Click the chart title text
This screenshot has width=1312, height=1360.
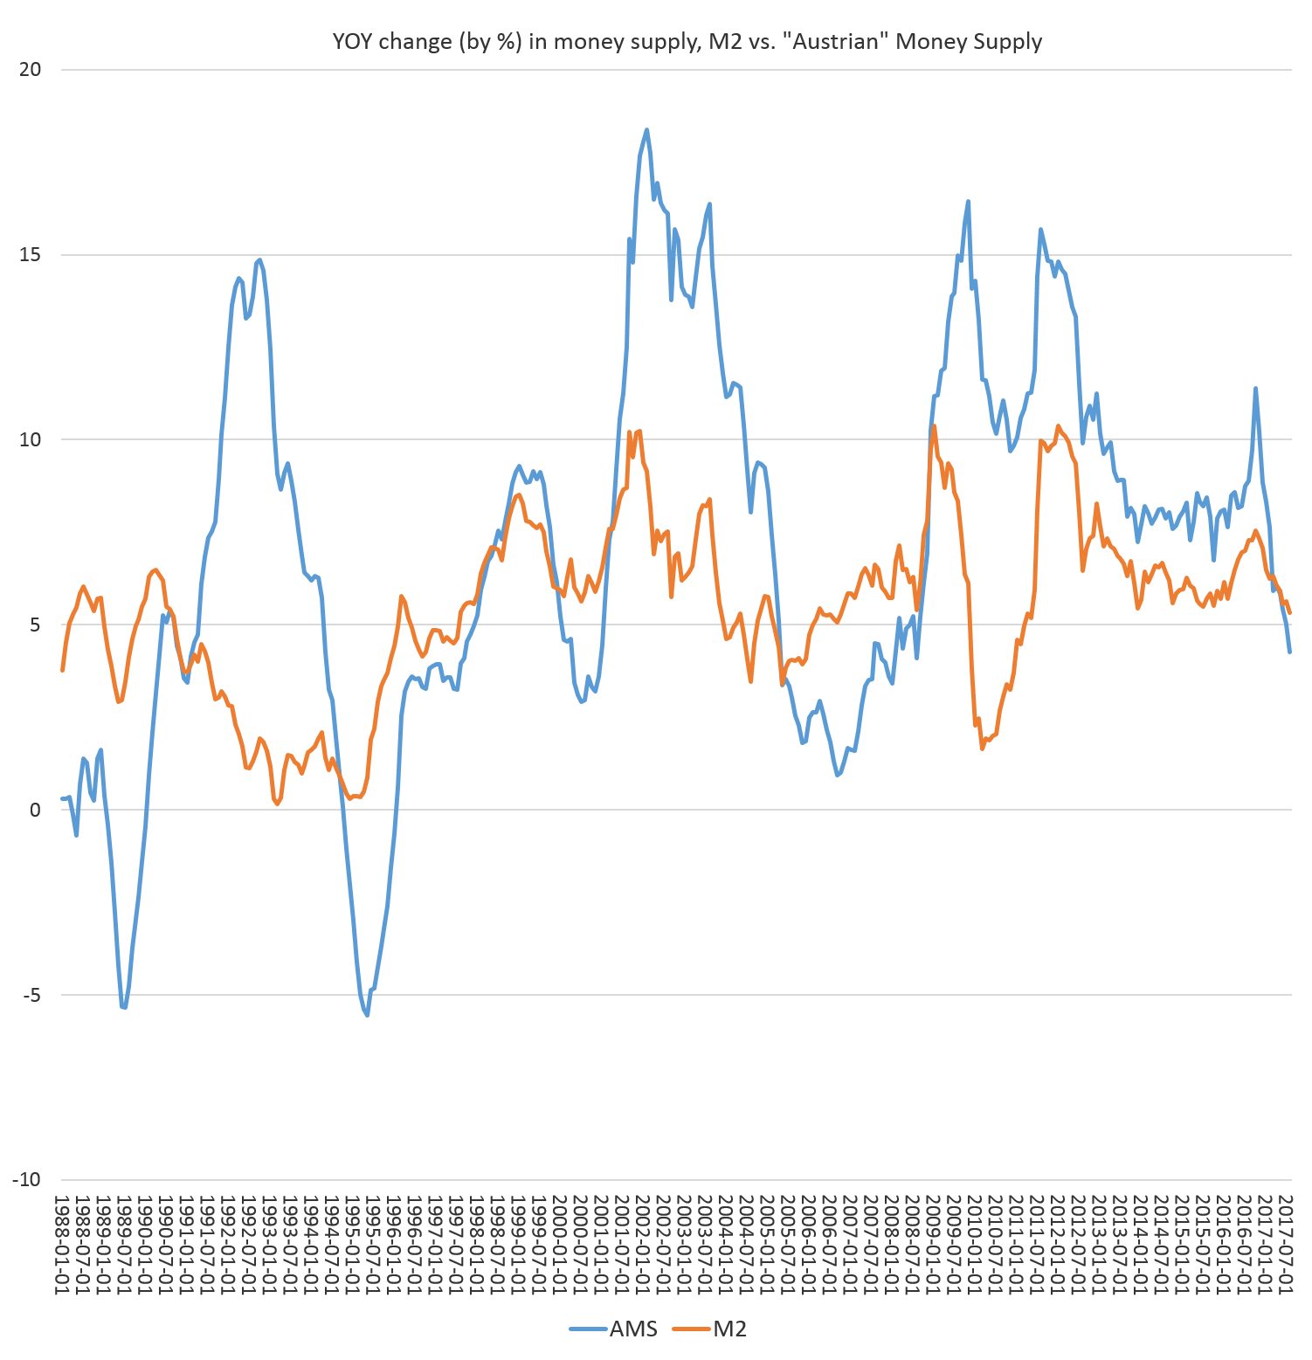click(x=687, y=42)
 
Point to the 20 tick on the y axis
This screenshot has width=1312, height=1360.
click(x=31, y=69)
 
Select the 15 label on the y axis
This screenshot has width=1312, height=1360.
click(x=31, y=254)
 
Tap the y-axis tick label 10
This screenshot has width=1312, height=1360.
click(x=31, y=439)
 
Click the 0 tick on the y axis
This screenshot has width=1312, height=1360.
click(x=35, y=810)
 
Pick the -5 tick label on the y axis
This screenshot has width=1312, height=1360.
click(x=31, y=995)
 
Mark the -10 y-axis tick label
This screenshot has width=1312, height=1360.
click(x=27, y=1180)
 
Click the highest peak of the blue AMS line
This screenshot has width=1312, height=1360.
click(x=646, y=129)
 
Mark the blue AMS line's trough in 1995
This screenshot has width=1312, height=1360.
click(x=367, y=1015)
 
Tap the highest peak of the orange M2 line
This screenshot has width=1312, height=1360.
click(x=934, y=425)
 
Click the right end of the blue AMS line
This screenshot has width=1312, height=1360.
click(x=1290, y=652)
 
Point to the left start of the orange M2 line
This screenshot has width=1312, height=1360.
click(x=62, y=670)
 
